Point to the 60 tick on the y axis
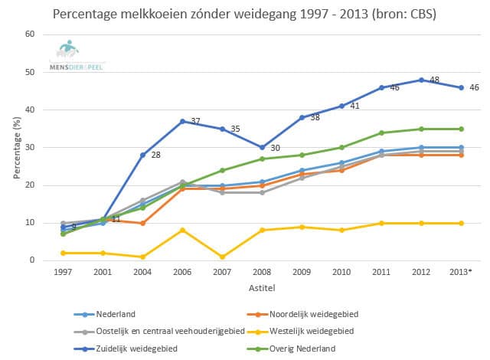pyautogui.click(x=31, y=34)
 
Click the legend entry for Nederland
pyautogui.click(x=116, y=314)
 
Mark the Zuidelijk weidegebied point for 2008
pyautogui.click(x=262, y=148)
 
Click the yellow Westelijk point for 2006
pyautogui.click(x=181, y=231)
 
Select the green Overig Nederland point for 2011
pyautogui.click(x=381, y=133)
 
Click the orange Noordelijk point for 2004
pyautogui.click(x=142, y=223)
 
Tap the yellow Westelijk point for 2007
pyautogui.click(x=222, y=257)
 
